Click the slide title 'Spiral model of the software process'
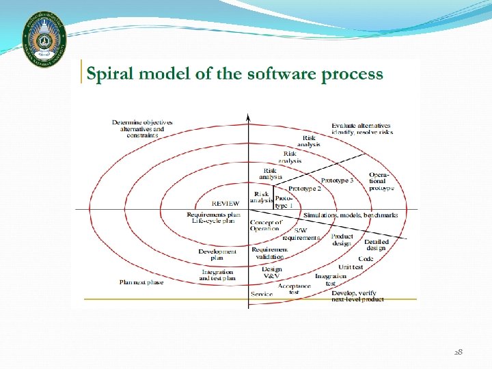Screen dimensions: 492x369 click(235, 74)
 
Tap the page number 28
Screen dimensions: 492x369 click(459, 352)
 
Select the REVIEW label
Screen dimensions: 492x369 click(225, 204)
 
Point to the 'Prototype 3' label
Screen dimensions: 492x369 click(338, 180)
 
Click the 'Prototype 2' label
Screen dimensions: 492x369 click(305, 189)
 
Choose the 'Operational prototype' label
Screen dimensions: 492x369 click(381, 181)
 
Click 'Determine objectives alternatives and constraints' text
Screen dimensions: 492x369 click(142, 128)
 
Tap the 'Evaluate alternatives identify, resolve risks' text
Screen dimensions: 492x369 click(361, 128)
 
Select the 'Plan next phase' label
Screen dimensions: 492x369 click(141, 282)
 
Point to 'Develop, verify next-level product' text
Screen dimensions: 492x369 click(357, 296)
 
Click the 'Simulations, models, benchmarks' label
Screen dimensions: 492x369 click(351, 215)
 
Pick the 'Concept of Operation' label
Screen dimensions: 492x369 click(266, 225)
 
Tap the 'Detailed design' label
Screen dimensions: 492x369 click(376, 245)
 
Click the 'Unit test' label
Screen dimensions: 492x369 click(351, 267)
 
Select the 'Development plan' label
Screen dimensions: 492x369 click(217, 254)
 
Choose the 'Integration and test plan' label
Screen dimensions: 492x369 click(217, 275)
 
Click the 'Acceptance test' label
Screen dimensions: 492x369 click(295, 289)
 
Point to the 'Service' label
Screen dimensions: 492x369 click(262, 295)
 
